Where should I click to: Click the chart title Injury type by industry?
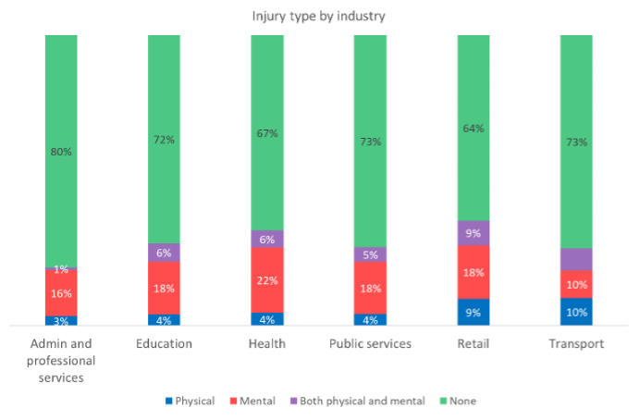pos(320,16)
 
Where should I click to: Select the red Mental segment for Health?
pos(266,280)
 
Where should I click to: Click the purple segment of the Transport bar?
pos(576,259)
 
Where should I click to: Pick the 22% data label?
pos(266,281)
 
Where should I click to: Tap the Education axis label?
pos(163,344)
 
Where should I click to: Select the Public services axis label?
pos(370,344)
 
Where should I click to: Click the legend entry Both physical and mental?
pos(355,401)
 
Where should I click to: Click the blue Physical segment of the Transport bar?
pos(576,311)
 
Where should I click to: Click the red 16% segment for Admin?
pos(61,292)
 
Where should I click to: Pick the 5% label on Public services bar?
pos(370,254)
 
